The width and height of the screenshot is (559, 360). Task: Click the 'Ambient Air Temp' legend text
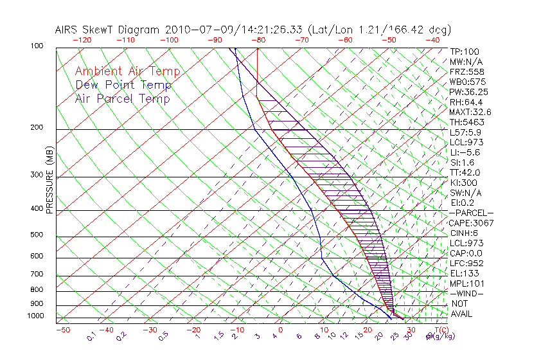pos(127,71)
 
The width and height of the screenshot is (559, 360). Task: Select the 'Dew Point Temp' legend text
pos(123,85)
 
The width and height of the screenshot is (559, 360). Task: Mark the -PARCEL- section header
pos(471,213)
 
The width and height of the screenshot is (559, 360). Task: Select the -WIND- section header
pos(466,293)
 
